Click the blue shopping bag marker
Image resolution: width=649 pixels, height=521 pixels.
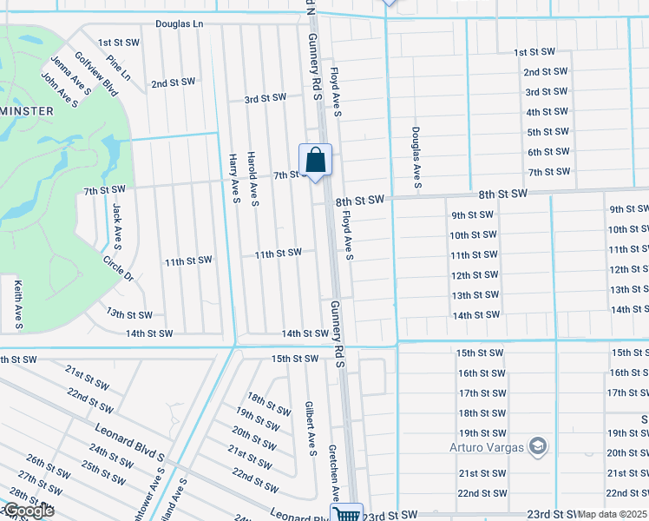click(316, 161)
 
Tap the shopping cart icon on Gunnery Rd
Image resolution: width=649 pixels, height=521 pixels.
click(348, 514)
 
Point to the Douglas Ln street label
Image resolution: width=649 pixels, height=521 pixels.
click(180, 24)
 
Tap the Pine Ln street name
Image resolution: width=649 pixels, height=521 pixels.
click(118, 69)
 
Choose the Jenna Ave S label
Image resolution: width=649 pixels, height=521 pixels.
click(64, 76)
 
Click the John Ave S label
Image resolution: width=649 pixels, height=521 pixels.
click(59, 90)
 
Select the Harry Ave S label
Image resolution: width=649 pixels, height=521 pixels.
click(234, 179)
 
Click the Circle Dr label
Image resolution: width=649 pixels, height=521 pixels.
click(118, 269)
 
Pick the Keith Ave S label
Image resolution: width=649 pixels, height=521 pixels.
click(17, 304)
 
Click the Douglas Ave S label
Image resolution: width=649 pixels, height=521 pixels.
click(416, 156)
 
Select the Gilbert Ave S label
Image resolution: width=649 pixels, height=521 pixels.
click(309, 427)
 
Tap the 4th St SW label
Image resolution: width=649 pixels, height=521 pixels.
click(547, 112)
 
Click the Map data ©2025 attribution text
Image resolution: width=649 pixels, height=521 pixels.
click(613, 514)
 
